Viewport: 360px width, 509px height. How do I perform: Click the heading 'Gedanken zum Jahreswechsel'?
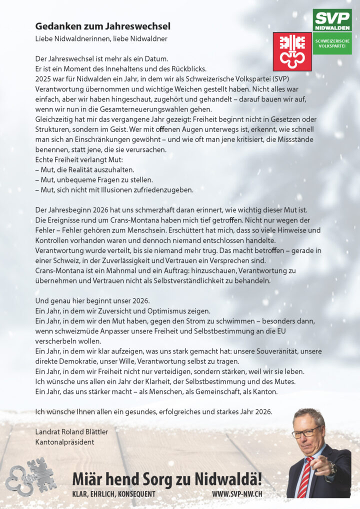coord(103,26)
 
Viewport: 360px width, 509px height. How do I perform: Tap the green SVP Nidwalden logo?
coord(332,20)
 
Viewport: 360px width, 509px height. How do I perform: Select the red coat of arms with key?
coord(292,51)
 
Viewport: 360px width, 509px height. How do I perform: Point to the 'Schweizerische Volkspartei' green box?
coord(332,43)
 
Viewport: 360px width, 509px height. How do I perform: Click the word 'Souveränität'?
coord(272,351)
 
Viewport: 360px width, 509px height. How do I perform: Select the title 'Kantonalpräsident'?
coord(65,442)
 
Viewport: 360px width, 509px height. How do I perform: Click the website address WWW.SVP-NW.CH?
coord(237,494)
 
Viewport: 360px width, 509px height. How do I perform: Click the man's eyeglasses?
coord(306,432)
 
